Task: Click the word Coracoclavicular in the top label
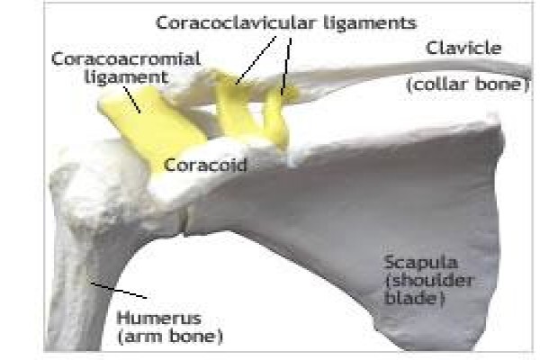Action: [236, 22]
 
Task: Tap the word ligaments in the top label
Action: [370, 23]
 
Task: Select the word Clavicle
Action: [463, 48]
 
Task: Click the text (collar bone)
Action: [468, 85]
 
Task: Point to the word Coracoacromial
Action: [126, 58]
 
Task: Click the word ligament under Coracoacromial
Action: [126, 78]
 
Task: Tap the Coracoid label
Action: [205, 165]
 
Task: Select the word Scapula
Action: [421, 264]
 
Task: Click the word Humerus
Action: [159, 318]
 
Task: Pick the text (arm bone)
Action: [170, 337]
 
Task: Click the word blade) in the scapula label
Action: [415, 297]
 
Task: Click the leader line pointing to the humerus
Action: [119, 291]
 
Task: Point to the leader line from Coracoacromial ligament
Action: [132, 100]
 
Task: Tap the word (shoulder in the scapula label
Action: [429, 281]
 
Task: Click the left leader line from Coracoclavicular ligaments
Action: [256, 60]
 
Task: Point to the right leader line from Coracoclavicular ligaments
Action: [286, 66]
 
